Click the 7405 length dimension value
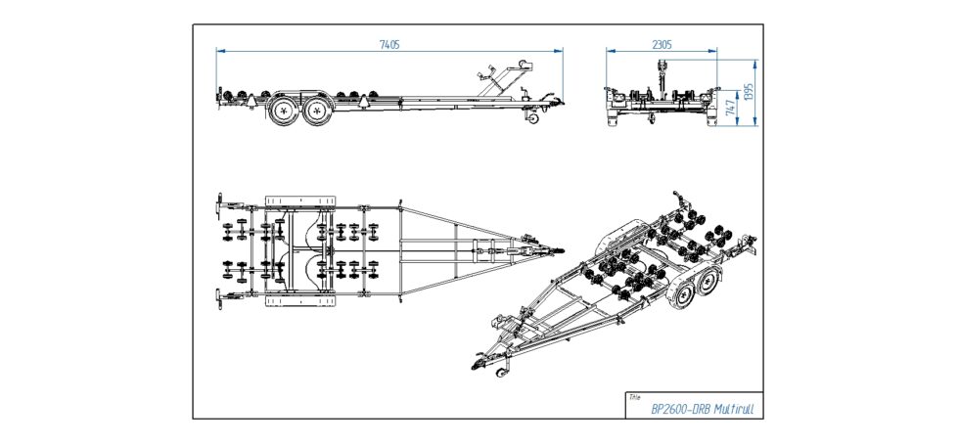point(389,44)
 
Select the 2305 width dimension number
point(662,44)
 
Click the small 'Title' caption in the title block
point(635,398)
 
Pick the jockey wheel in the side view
point(532,119)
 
